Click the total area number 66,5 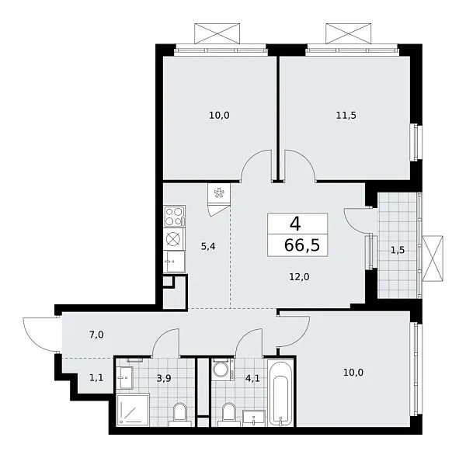point(295,248)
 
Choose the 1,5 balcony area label point(396,250)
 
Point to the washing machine point(222,370)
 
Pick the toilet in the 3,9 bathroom point(180,414)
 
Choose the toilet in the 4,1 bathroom point(228,414)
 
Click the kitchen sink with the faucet point(174,262)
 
